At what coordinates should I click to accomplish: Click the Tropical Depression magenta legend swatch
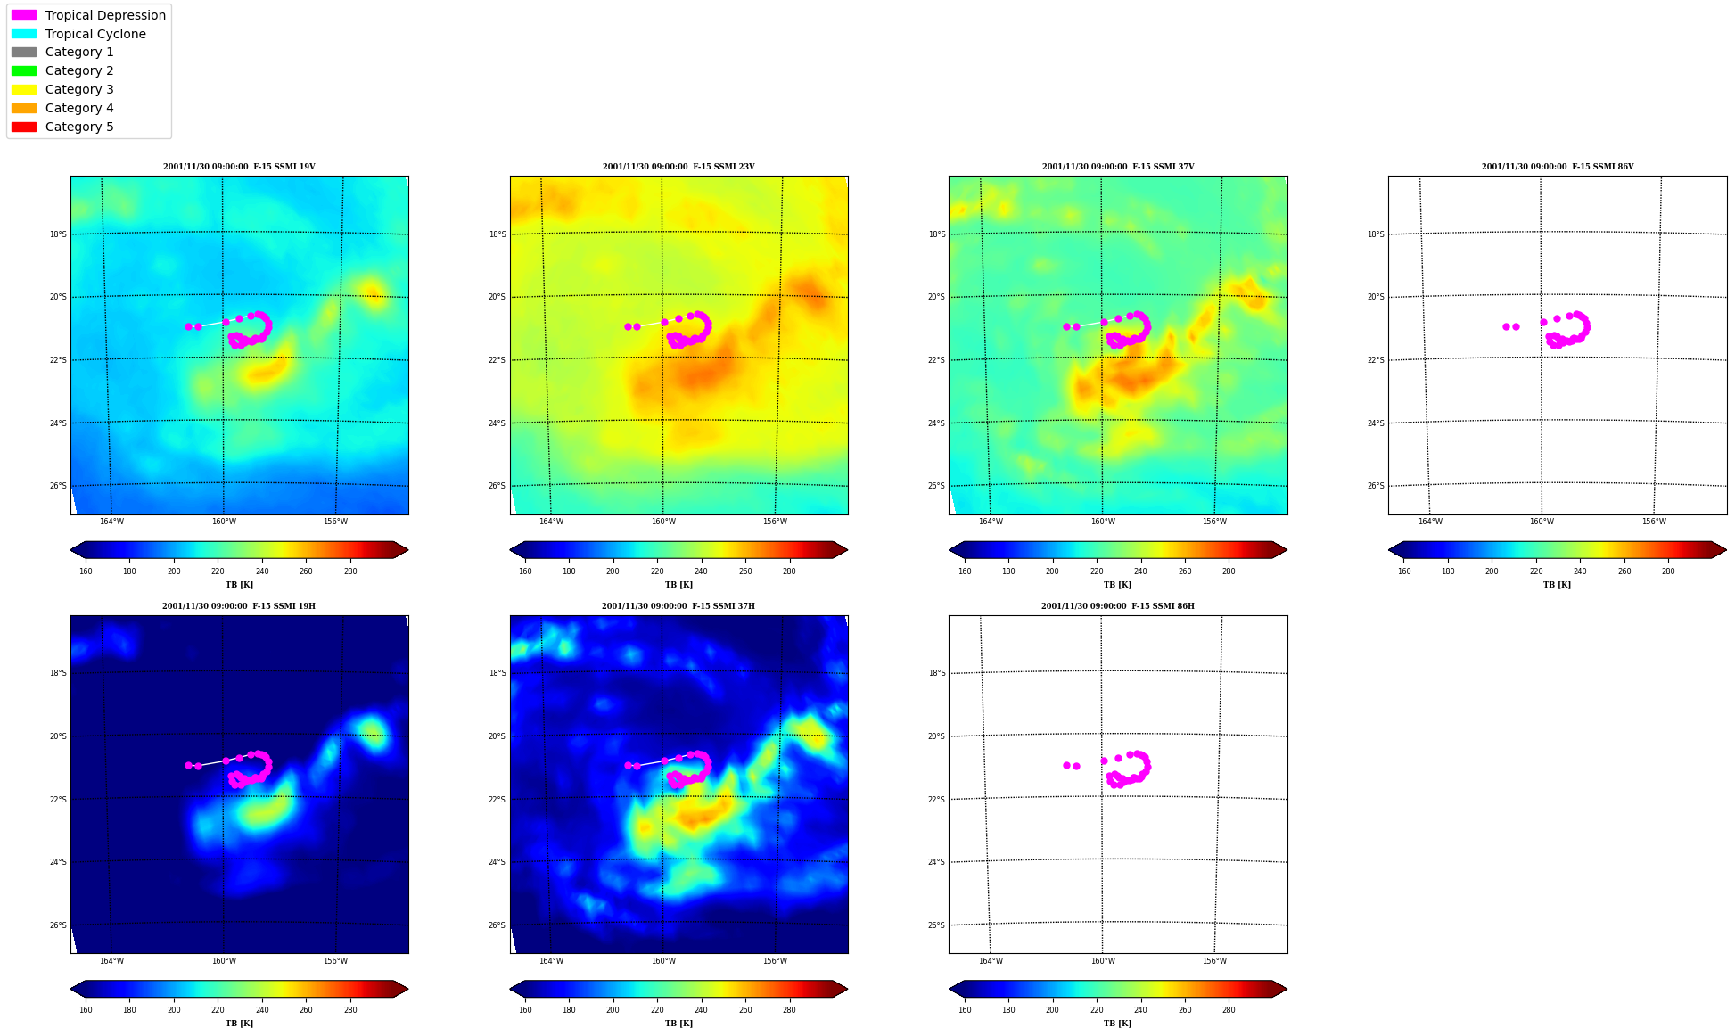coord(24,15)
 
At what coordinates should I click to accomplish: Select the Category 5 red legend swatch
coord(24,127)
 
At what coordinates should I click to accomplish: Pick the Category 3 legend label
coord(79,89)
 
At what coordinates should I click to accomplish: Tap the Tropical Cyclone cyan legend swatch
coord(24,34)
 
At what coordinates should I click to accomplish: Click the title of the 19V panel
coord(239,167)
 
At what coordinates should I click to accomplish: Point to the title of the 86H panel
coord(1118,606)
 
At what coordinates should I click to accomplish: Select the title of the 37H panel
coord(678,606)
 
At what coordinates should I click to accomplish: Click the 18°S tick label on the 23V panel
coord(497,234)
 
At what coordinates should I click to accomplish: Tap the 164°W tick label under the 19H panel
coord(111,961)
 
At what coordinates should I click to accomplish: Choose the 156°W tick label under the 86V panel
coord(1654,522)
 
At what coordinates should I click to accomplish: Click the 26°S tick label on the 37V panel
coord(936,486)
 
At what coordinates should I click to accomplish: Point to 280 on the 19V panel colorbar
coord(350,571)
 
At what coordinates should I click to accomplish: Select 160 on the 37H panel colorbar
coord(525,1010)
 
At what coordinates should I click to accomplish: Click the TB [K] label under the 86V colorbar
coord(1557,585)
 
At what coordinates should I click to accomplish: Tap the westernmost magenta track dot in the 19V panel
coord(188,326)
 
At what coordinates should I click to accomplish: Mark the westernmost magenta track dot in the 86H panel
coord(1066,765)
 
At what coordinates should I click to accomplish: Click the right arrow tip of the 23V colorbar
coord(847,550)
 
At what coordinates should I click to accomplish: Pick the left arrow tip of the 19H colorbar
coord(71,989)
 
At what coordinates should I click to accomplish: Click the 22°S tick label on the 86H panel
coord(936,800)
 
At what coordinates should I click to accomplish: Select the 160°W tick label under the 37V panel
coord(1103,522)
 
